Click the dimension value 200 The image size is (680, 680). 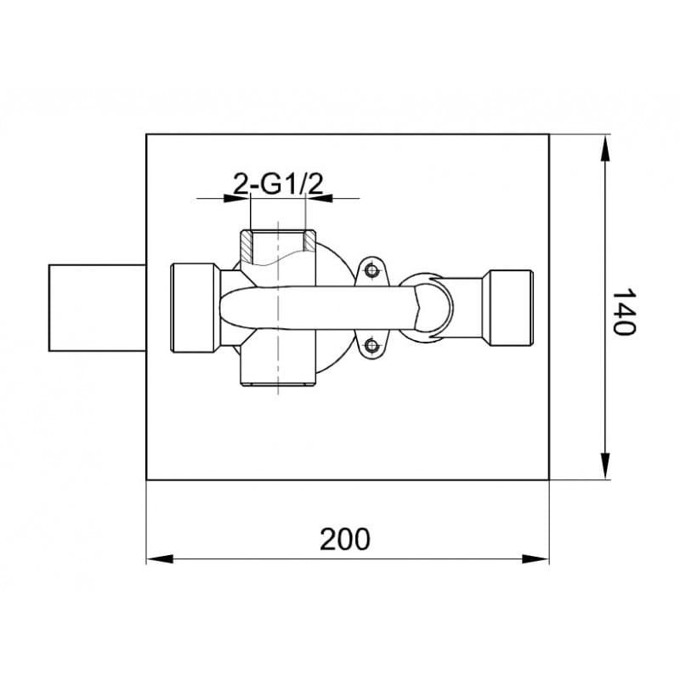point(345,539)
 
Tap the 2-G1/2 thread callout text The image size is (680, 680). point(278,184)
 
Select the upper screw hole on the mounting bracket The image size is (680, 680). point(371,270)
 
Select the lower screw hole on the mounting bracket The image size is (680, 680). point(371,346)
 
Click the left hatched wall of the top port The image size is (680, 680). point(246,246)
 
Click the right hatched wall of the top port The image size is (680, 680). point(309,241)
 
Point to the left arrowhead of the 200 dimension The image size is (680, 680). point(160,559)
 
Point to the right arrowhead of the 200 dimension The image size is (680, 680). point(535,559)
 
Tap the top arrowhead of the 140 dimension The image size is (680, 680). point(604,148)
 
